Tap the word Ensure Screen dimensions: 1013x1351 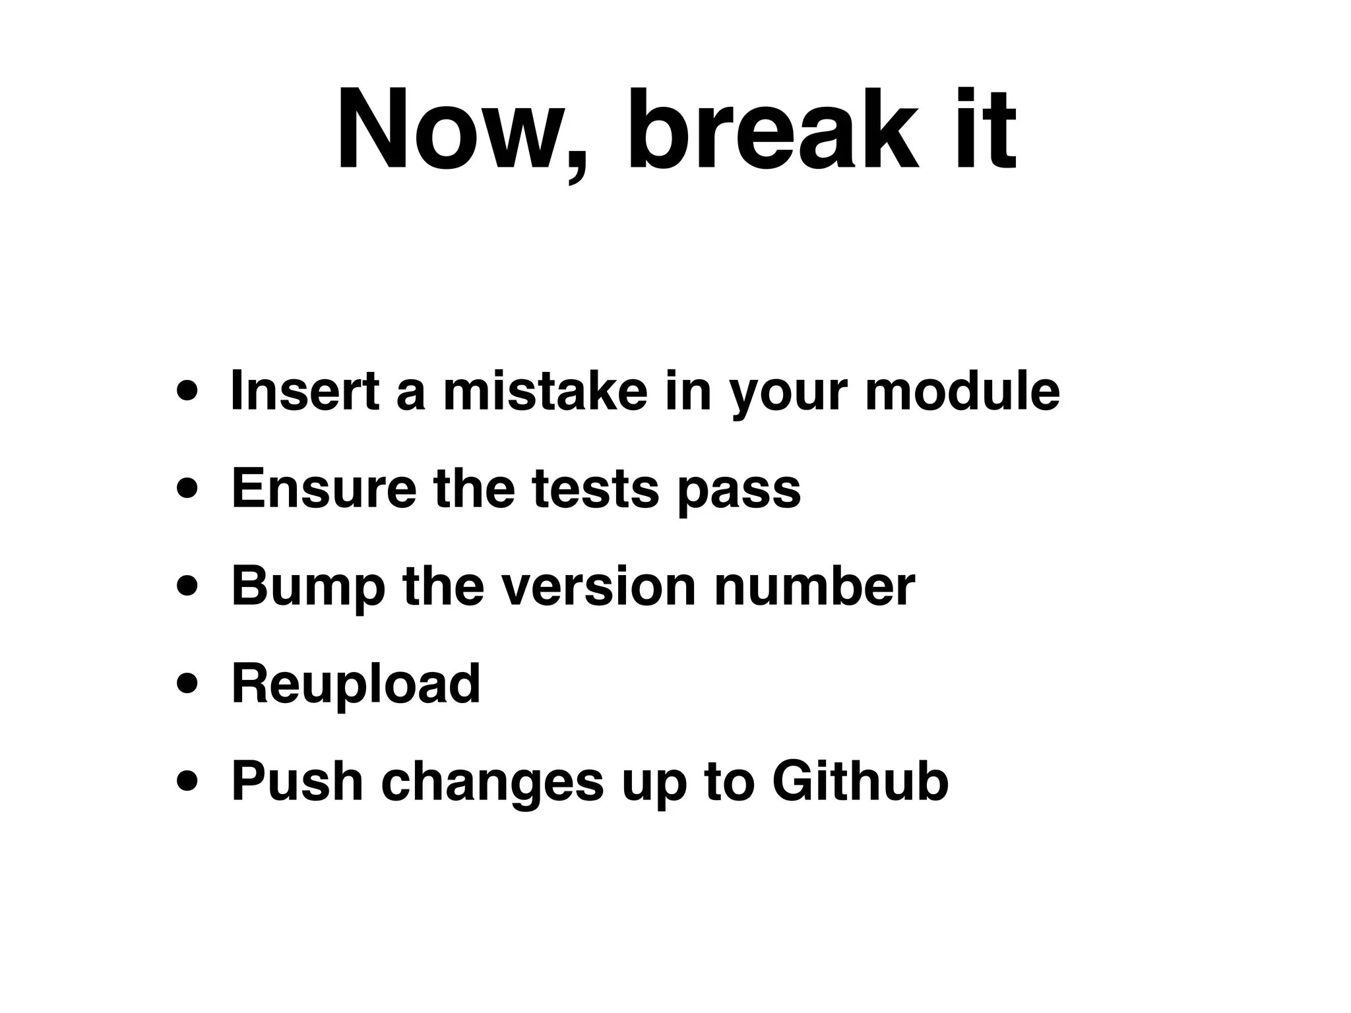coord(324,489)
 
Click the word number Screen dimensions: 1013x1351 coord(814,587)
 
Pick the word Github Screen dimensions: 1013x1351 coord(860,782)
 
